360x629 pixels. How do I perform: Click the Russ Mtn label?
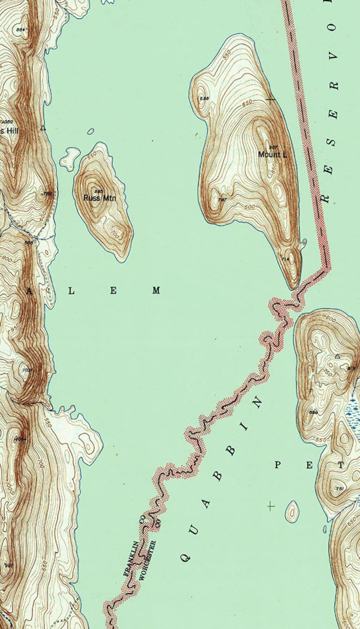(x=99, y=198)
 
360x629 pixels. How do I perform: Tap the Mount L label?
(x=272, y=154)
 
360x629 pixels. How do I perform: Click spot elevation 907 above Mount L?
(x=273, y=148)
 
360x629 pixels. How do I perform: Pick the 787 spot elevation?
(x=223, y=200)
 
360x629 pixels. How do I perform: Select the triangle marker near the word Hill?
(x=43, y=128)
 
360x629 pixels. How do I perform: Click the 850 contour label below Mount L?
(x=273, y=167)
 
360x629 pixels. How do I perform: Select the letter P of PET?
(x=278, y=465)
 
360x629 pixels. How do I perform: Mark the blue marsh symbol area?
(x=353, y=412)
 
